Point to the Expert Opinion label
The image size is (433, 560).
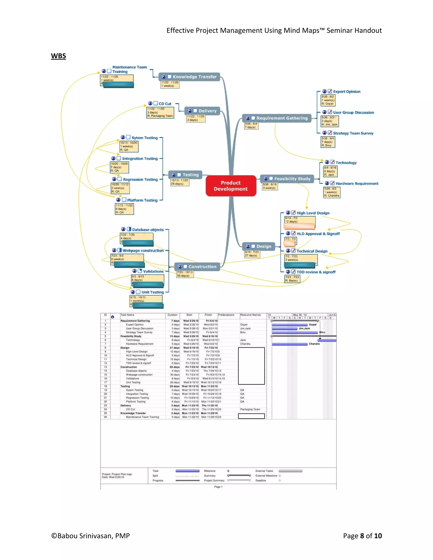coord(347,92)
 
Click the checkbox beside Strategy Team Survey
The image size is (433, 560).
coord(330,133)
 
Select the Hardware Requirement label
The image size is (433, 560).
coord(357,184)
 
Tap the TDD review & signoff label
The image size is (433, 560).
coord(316,272)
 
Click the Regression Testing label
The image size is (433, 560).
coord(140,179)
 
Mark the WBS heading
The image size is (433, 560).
coord(59,56)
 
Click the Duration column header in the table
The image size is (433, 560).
coord(172,315)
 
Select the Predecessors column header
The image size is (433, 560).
coord(226,315)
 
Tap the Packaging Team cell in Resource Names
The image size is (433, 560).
coord(250,409)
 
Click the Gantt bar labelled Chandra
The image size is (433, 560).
coord(290,344)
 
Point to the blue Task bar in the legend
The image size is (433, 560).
coord(187,471)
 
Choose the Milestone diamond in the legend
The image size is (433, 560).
coord(228,471)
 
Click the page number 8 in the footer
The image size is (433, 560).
coord(362,536)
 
